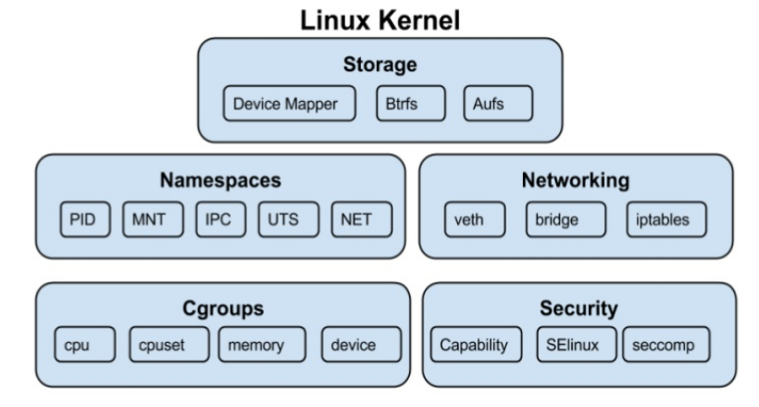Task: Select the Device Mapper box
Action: point(291,104)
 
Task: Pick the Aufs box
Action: point(498,104)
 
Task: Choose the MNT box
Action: point(148,219)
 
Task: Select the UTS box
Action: point(287,219)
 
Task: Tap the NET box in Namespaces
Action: point(361,219)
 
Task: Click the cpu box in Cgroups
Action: point(81,346)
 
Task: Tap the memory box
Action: point(262,346)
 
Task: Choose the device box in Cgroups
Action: point(361,346)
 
